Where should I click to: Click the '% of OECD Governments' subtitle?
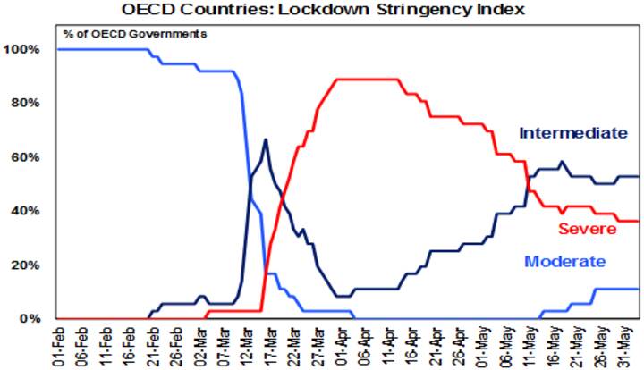click(134, 34)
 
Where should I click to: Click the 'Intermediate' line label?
click(573, 132)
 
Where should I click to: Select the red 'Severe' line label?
click(587, 229)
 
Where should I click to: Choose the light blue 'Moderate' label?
click(564, 262)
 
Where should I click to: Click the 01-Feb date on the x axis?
click(58, 344)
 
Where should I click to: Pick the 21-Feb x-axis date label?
click(155, 344)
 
